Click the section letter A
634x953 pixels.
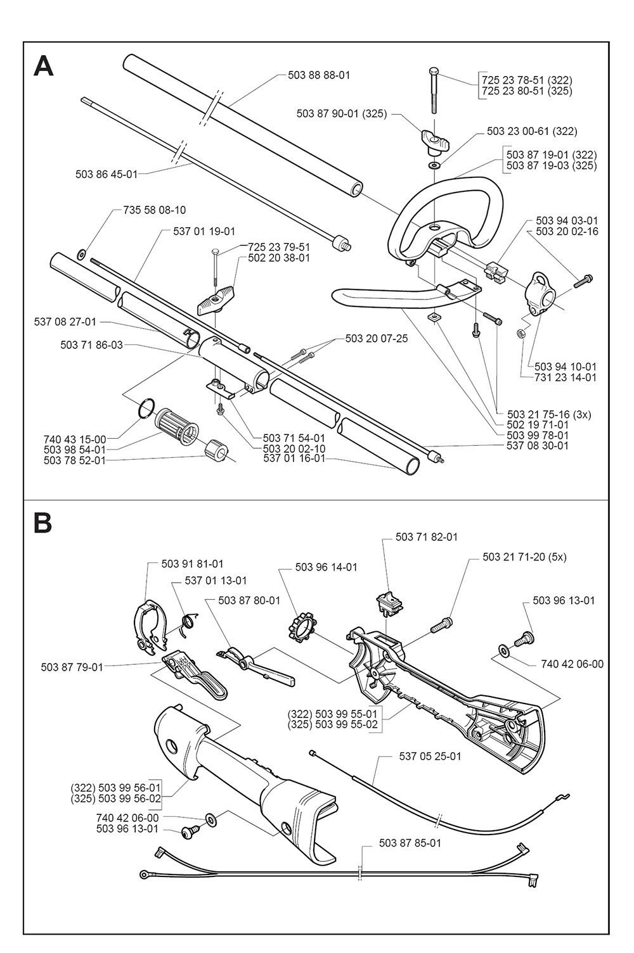pyautogui.click(x=43, y=66)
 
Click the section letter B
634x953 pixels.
pyautogui.click(x=42, y=524)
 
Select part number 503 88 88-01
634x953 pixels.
pyautogui.click(x=319, y=75)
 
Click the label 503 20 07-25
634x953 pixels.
pyautogui.click(x=377, y=339)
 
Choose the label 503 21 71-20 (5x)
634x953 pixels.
pyautogui.click(x=524, y=557)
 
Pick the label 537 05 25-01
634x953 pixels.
pyautogui.click(x=430, y=756)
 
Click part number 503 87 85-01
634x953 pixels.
pyautogui.click(x=410, y=843)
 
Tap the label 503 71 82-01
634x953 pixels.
pyautogui.click(x=426, y=537)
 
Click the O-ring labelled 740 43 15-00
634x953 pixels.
pyautogui.click(x=145, y=407)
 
